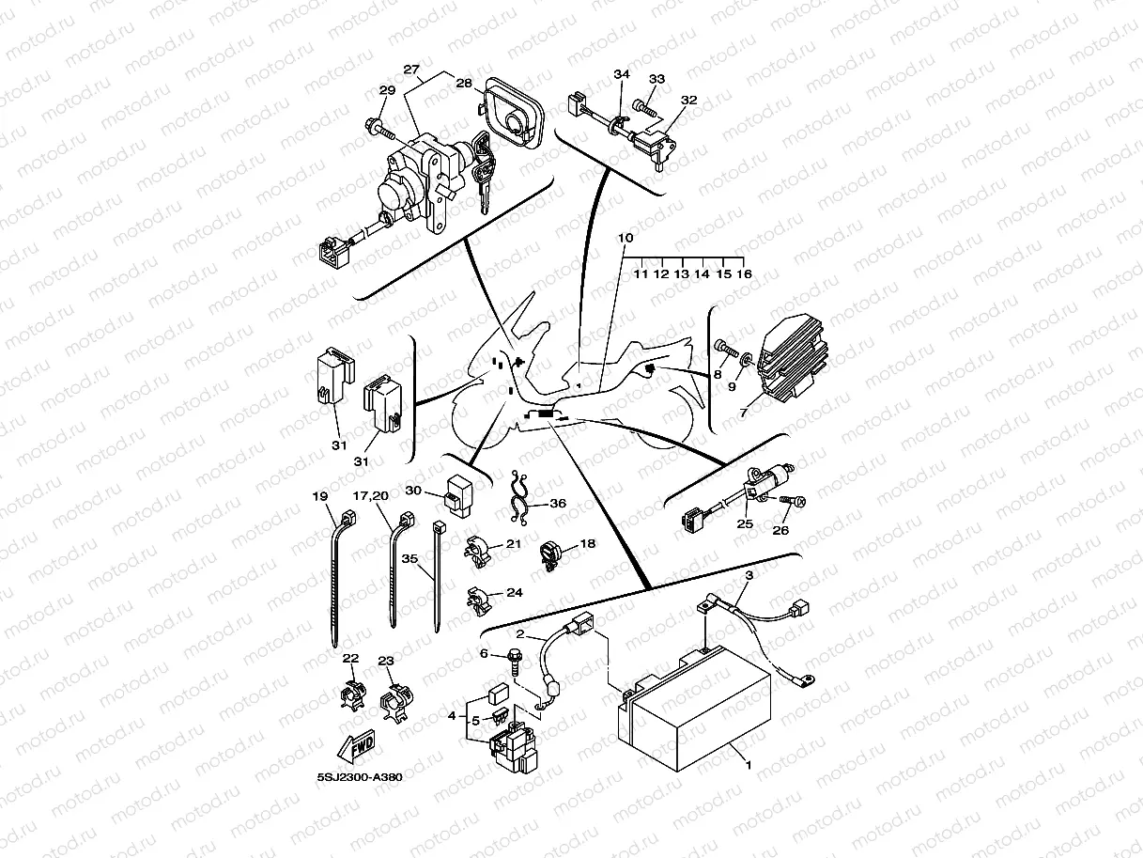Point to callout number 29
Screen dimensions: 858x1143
(387, 90)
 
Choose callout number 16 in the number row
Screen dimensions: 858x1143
(745, 274)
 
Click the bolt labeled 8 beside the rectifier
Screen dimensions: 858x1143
(722, 349)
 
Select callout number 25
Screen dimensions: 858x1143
(744, 523)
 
